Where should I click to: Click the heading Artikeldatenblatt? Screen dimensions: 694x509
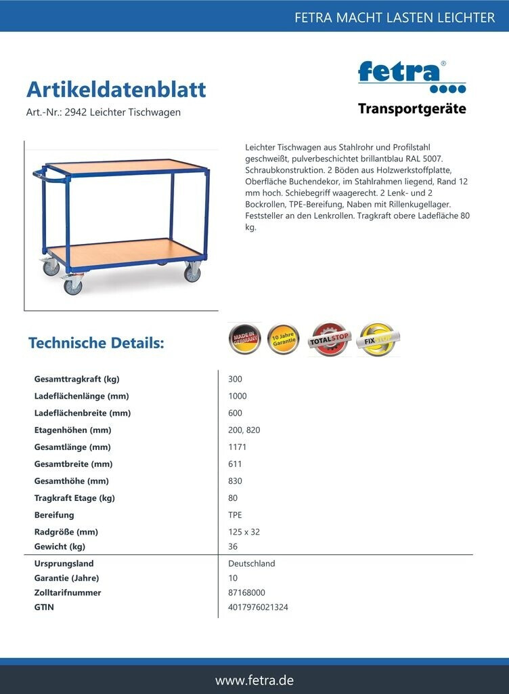[116, 89]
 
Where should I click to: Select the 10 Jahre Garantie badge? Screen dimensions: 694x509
[283, 338]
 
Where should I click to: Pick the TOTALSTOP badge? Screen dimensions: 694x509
[330, 340]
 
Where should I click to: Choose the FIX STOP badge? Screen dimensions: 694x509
[378, 338]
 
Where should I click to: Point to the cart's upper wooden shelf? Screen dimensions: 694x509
[129, 166]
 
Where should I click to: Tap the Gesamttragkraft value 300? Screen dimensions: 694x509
[236, 380]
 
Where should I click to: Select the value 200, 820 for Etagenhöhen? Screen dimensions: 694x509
[244, 430]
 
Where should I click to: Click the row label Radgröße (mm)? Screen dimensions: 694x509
[66, 532]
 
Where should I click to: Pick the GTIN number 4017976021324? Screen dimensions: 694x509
[259, 607]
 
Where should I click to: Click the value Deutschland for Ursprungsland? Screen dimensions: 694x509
[252, 564]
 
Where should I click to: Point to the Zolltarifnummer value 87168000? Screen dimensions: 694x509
[246, 593]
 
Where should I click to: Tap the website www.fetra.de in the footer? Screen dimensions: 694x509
[255, 680]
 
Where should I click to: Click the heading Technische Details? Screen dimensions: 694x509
[96, 343]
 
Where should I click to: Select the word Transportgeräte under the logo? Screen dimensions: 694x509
[412, 109]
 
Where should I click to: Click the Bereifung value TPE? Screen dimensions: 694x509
[236, 515]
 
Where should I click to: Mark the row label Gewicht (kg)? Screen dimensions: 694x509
[60, 547]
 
